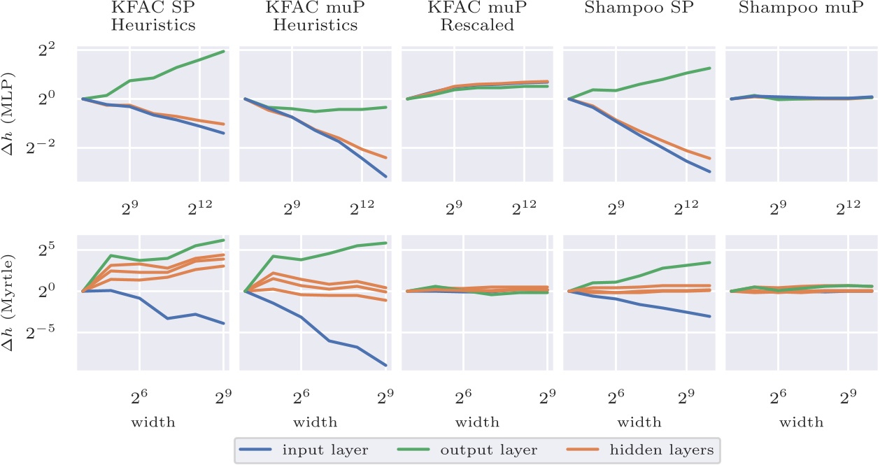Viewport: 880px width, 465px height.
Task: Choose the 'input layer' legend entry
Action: pyautogui.click(x=303, y=450)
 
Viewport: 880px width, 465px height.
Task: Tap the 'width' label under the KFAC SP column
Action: pyautogui.click(x=152, y=422)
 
